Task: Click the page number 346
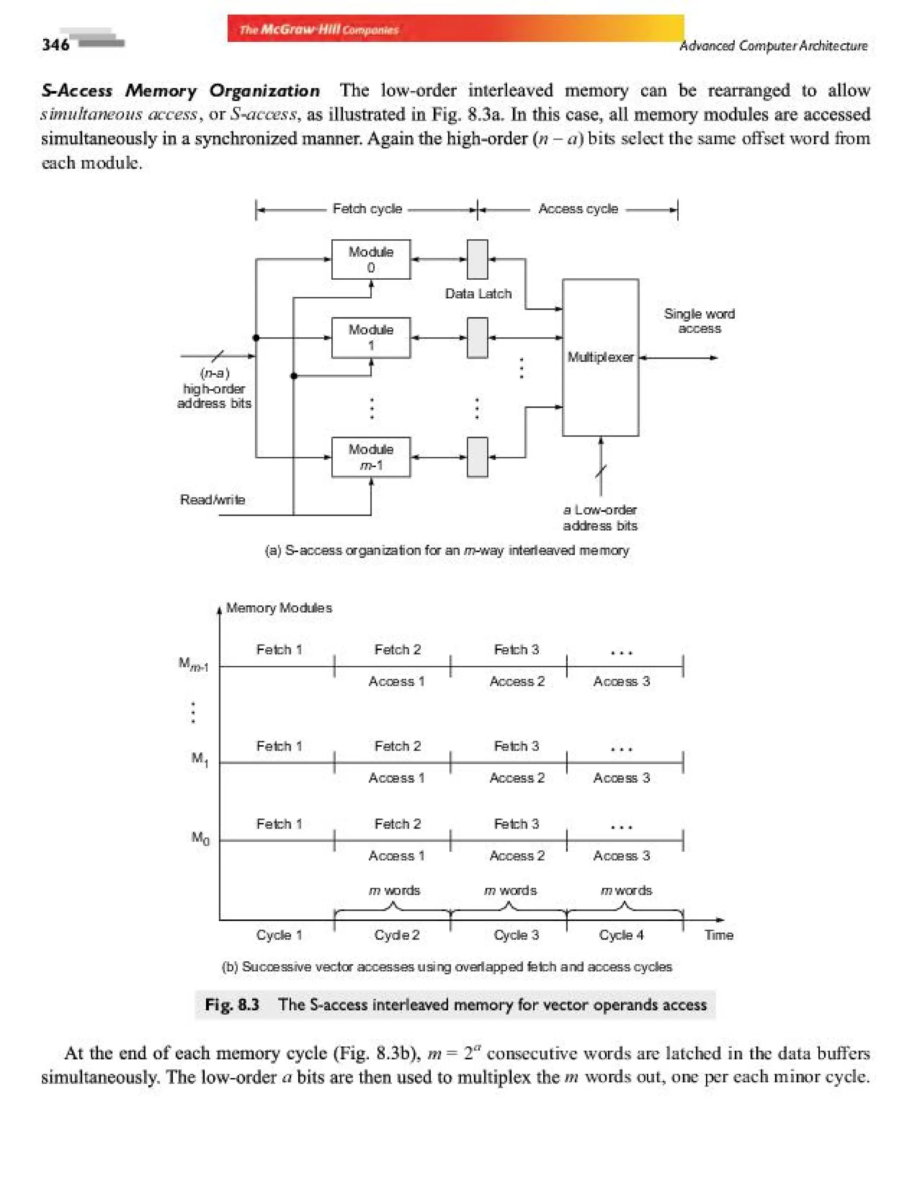point(56,44)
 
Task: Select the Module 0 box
point(371,260)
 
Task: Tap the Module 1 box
point(371,337)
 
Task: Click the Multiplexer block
point(600,357)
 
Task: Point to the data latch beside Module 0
point(477,260)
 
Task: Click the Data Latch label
point(478,294)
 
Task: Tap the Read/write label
point(212,500)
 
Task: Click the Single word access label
point(699,321)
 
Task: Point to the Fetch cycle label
point(367,209)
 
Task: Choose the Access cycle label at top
point(578,209)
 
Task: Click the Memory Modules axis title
point(279,608)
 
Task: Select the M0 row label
point(200,838)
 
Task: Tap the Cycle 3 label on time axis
point(516,935)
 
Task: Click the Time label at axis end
point(719,935)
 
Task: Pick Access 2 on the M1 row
point(517,778)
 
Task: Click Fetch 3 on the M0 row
point(516,824)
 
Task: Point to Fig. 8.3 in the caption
point(232,1004)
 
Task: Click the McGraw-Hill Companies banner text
point(319,29)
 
